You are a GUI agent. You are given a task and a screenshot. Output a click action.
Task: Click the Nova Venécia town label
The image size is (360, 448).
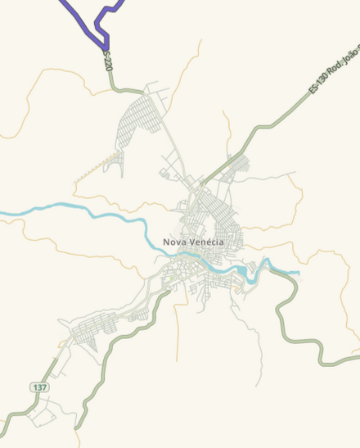pyautogui.click(x=192, y=242)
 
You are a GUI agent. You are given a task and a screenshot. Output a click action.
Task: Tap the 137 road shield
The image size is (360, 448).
pyautogui.click(x=39, y=386)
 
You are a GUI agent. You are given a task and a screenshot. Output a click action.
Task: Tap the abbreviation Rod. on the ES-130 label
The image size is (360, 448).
pyautogui.click(x=332, y=71)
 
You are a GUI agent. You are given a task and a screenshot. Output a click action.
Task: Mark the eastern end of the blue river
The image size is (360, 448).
pyautogui.click(x=299, y=273)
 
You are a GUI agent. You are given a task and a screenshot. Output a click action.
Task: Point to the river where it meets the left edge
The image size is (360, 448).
pyautogui.click(x=2, y=215)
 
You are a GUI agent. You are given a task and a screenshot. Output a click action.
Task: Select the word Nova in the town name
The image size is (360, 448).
pyautogui.click(x=174, y=242)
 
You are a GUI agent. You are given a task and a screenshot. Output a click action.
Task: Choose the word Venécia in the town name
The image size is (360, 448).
pyautogui.click(x=205, y=242)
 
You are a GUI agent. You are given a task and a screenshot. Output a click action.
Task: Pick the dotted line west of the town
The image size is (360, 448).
pyautogui.click(x=92, y=170)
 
